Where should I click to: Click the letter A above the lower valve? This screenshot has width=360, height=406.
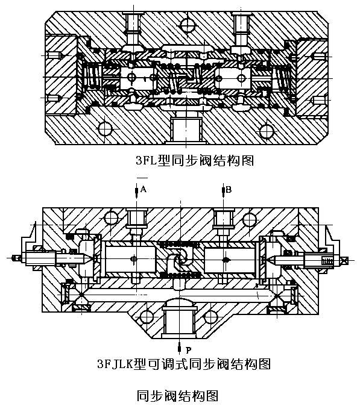[x=144, y=190]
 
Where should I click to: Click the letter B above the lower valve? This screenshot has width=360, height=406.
[x=229, y=190]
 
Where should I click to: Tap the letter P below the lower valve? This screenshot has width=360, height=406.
[x=189, y=351]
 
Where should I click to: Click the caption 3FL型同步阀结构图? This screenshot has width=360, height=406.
[x=195, y=161]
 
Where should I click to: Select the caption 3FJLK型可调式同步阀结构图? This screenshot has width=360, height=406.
[x=184, y=364]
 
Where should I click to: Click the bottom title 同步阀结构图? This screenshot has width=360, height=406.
[x=177, y=396]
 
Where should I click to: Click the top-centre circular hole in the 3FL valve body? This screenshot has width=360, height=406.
[x=188, y=25]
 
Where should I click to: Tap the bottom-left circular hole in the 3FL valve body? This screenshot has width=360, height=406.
[x=106, y=128]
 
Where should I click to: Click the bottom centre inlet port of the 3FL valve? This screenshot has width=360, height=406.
[x=186, y=129]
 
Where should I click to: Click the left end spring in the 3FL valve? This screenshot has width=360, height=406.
[x=93, y=77]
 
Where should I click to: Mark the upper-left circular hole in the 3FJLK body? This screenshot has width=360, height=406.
[x=111, y=218]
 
